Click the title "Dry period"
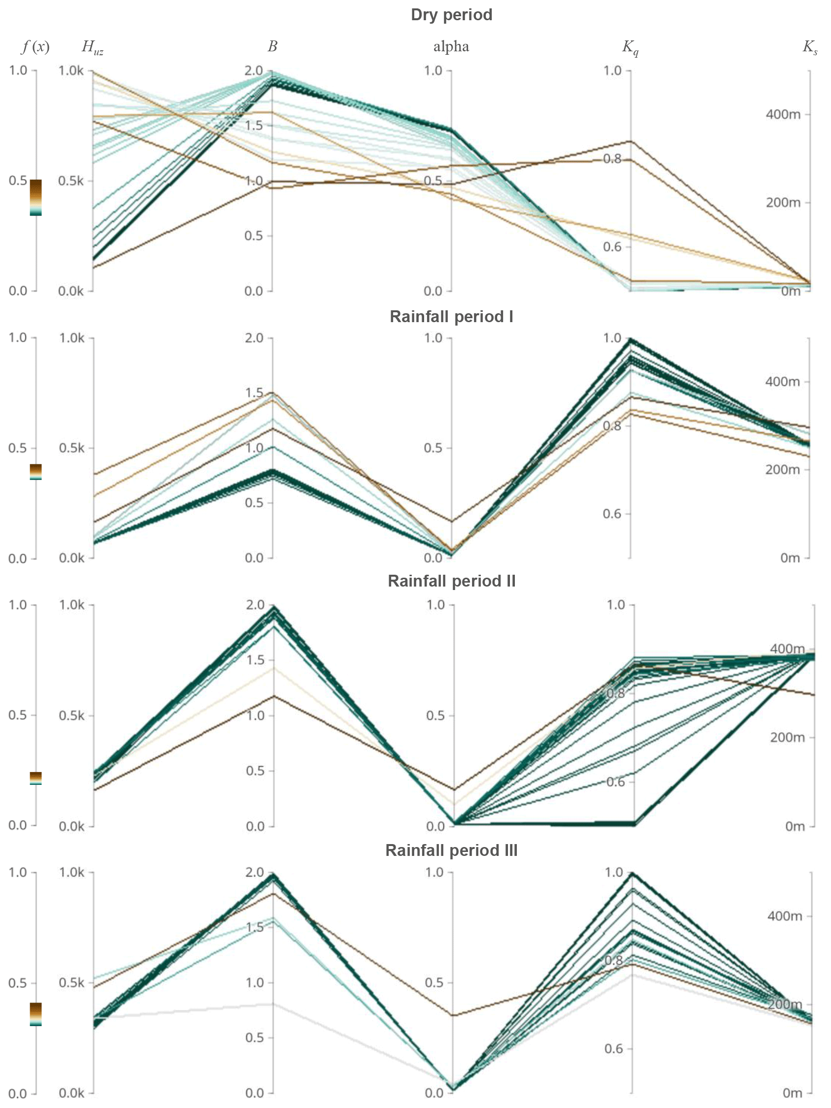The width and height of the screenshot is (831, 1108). [x=451, y=15]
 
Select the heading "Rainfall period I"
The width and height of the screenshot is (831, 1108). [x=451, y=317]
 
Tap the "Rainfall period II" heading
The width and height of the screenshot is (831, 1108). [x=451, y=581]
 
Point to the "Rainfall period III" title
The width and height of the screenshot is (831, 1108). [x=451, y=850]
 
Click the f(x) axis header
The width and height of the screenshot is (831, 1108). [x=36, y=47]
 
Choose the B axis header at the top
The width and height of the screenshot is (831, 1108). [x=273, y=46]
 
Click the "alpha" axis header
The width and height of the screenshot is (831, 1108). [x=451, y=47]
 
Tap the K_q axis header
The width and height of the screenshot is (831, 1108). [x=630, y=47]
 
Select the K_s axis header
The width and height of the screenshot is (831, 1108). [x=809, y=47]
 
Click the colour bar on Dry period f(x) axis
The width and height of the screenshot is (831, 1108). [x=36, y=197]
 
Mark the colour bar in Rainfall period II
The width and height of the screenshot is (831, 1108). [x=36, y=778]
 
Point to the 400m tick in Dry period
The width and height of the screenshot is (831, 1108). [x=783, y=115]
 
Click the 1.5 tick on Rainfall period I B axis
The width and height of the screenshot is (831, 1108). [x=254, y=393]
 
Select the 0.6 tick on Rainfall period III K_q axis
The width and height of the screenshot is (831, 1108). [x=614, y=1048]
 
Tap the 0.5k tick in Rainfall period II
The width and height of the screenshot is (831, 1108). [x=72, y=715]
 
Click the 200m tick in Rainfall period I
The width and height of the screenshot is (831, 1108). [x=782, y=470]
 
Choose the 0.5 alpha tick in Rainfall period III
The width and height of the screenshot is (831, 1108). [x=435, y=982]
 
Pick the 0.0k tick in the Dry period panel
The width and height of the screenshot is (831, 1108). [x=71, y=291]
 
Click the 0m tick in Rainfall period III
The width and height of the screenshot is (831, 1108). [x=792, y=1093]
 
